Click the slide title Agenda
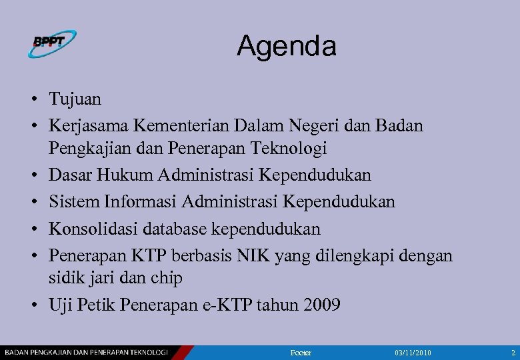point(286,46)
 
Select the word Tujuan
point(75,100)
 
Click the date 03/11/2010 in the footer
point(413,352)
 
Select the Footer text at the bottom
point(302,352)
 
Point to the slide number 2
point(513,352)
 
